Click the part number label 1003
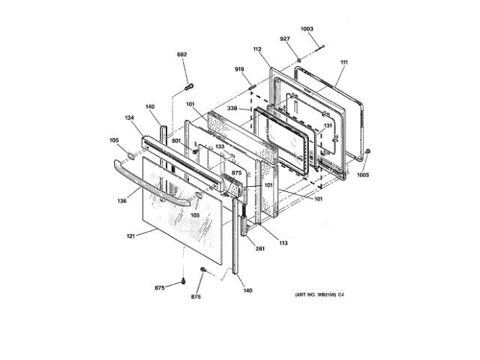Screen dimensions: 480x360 click(307, 30)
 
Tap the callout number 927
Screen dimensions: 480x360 click(285, 39)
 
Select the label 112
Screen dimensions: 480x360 click(257, 50)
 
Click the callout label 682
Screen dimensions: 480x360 click(181, 55)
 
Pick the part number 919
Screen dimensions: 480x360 click(240, 70)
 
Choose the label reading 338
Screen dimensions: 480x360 click(232, 108)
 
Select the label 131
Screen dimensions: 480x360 click(327, 125)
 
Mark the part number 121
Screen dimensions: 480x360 click(130, 235)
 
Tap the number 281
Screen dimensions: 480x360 click(260, 248)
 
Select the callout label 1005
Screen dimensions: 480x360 click(363, 175)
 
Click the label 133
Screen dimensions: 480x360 click(220, 147)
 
